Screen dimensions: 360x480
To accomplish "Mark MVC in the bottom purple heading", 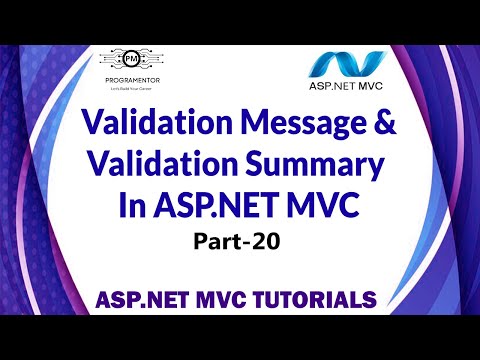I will coord(222,298).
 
